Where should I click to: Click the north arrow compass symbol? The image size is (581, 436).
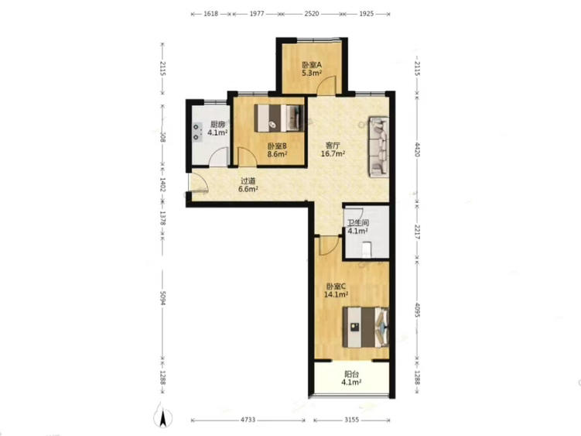162,416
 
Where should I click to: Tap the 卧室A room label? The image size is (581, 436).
312,64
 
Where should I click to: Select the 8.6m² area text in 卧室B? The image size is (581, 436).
278,154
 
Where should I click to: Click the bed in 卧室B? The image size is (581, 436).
279,118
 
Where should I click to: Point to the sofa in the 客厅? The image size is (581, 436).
378,147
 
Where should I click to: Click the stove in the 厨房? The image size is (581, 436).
197,132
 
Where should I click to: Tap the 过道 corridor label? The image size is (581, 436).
248,181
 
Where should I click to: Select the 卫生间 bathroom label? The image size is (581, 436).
358,223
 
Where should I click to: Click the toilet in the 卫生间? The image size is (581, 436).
367,249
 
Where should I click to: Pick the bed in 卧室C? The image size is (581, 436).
366,327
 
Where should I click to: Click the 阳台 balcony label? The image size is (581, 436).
351,374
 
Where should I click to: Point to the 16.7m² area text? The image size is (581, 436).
333,153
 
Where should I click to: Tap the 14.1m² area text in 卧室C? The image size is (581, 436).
336,294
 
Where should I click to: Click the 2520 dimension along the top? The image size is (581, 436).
312,14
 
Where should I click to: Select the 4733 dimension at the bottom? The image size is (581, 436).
248,420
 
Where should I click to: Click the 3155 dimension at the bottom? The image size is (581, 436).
352,420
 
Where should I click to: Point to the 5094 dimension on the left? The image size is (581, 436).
162,298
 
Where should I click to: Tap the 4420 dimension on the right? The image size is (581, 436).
417,149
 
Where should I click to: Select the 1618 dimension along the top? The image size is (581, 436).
210,14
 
